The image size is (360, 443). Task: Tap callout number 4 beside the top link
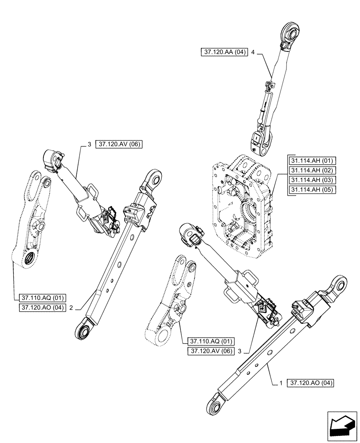[x=253, y=52]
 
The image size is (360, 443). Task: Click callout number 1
[x=281, y=382]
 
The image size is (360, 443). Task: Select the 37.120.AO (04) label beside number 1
[x=312, y=382]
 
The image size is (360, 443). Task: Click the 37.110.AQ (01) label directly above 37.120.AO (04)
[x=43, y=298]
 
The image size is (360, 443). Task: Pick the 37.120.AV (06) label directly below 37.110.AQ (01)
[x=211, y=351]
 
